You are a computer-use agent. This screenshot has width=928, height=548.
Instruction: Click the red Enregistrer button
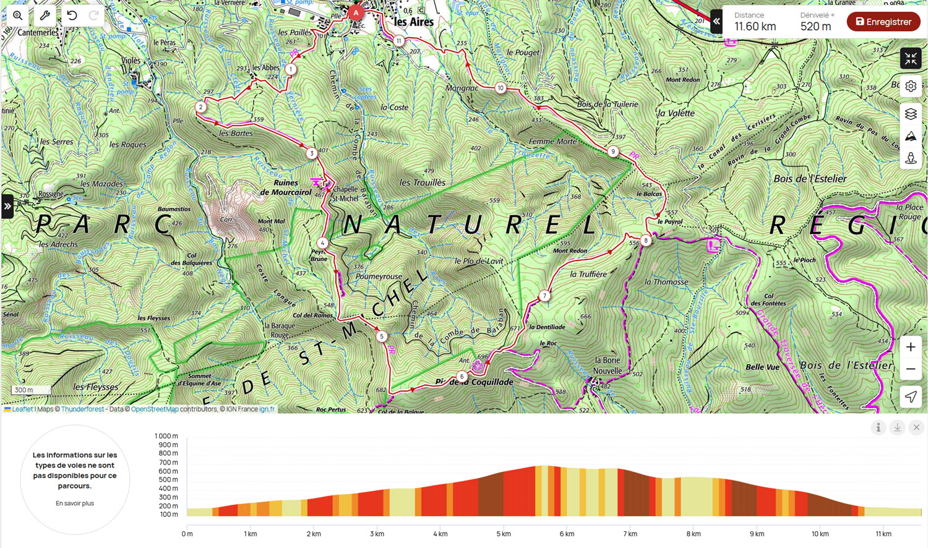(883, 22)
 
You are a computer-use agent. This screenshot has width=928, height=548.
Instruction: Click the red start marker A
(356, 12)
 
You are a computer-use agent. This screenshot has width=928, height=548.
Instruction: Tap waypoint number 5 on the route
(382, 336)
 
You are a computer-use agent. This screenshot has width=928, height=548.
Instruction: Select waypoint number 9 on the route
(613, 152)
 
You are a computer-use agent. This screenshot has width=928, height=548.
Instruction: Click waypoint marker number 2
(200, 107)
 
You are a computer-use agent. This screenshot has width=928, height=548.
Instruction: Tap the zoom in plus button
(910, 347)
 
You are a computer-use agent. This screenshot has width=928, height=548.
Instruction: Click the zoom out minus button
(910, 369)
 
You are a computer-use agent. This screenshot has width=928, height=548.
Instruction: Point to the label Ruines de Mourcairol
(286, 187)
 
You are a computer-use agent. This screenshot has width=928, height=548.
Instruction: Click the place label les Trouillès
(423, 182)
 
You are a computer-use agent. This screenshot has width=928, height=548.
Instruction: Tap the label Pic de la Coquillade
(474, 382)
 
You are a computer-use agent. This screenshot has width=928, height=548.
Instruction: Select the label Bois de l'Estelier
(810, 179)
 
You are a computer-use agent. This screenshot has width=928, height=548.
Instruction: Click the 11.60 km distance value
(755, 27)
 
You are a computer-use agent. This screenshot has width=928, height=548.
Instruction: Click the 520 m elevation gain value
(815, 27)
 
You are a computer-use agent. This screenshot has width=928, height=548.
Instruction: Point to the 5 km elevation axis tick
(503, 534)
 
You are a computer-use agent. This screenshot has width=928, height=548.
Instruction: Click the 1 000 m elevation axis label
(166, 436)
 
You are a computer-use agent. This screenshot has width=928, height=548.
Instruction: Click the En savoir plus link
(75, 503)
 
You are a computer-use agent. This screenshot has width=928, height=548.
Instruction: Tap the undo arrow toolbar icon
(72, 15)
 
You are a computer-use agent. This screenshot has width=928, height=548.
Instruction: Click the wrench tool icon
(45, 15)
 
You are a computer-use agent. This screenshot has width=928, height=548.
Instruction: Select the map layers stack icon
(910, 114)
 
